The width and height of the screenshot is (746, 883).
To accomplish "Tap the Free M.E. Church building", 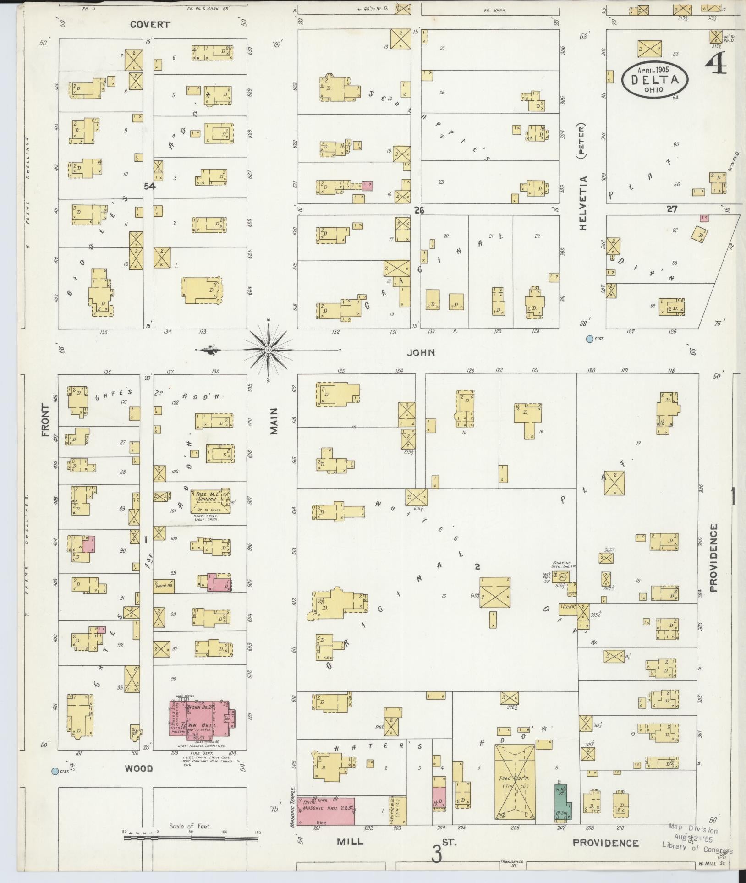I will click(209, 500).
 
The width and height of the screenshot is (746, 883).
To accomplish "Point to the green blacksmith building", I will click(562, 807).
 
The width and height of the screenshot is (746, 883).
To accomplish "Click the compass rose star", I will click(269, 350).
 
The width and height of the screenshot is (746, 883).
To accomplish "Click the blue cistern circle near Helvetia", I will click(589, 339).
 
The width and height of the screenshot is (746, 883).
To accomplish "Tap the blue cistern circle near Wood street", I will click(55, 771).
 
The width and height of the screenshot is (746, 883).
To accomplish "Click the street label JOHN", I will click(421, 352).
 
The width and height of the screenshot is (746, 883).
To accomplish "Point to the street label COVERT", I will click(150, 25).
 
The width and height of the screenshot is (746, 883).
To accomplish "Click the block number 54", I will click(149, 186).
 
